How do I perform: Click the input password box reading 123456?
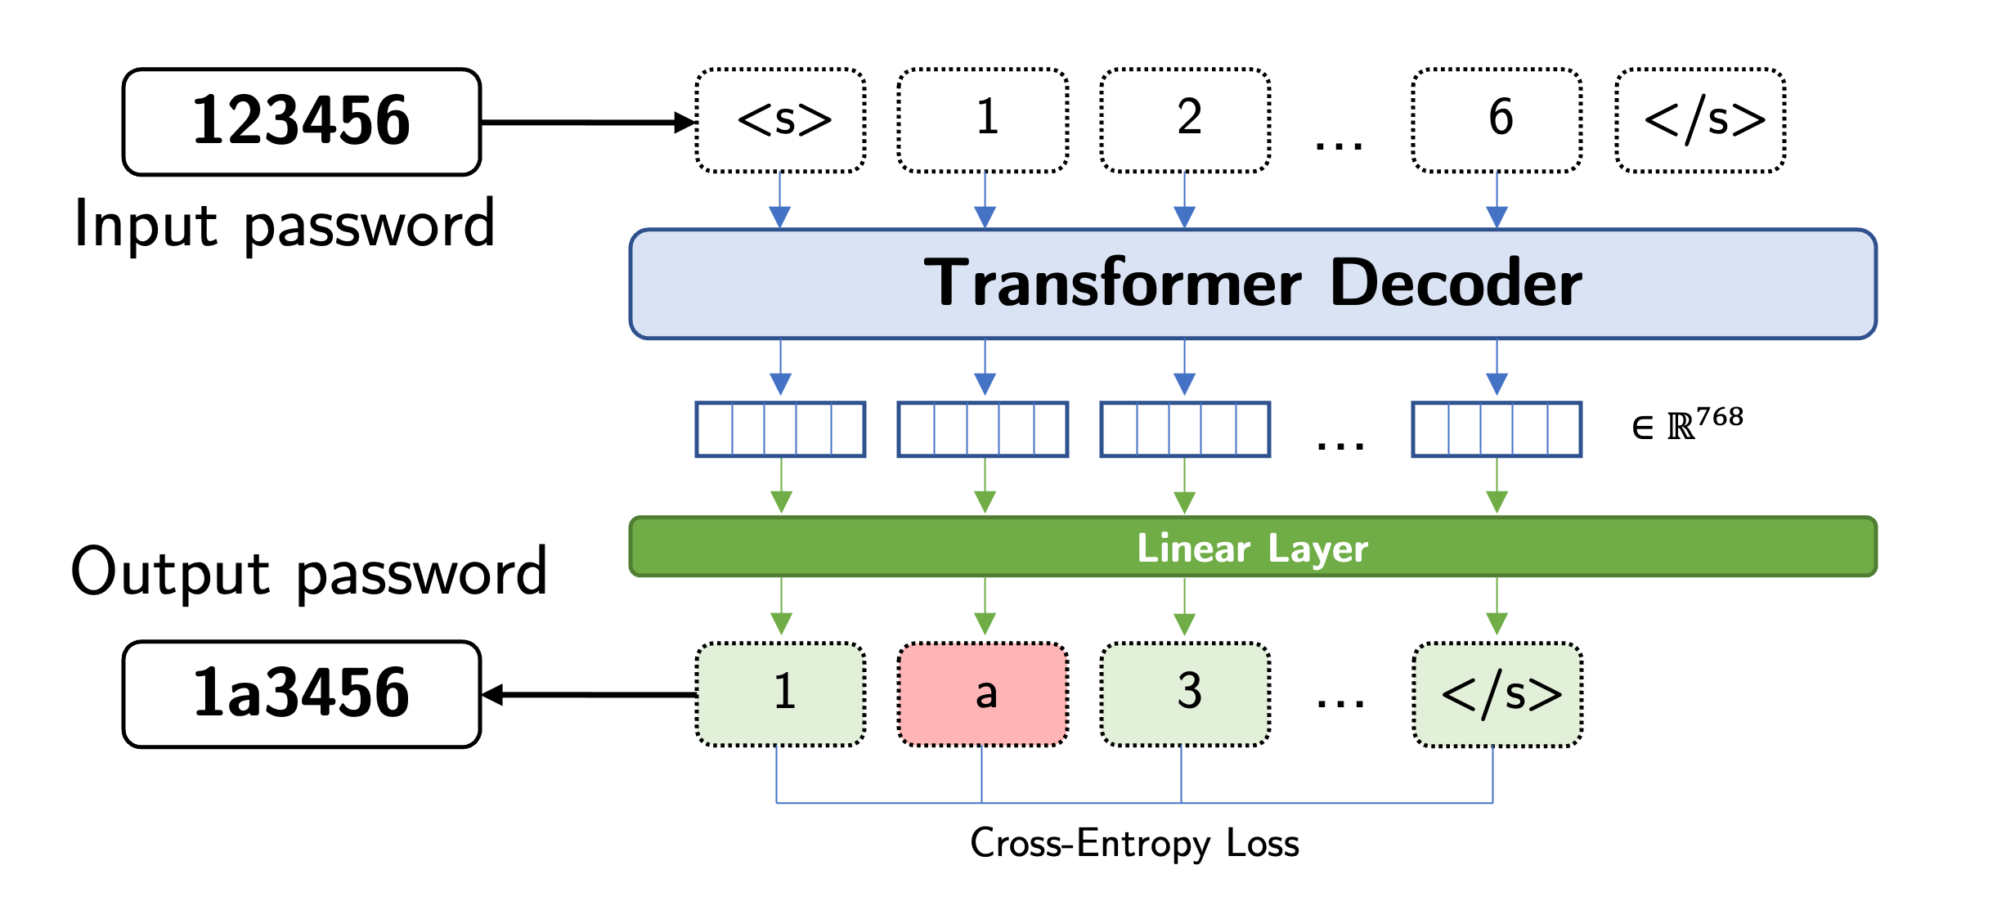pos(301,122)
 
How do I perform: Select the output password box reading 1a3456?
pos(301,694)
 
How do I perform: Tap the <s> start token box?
pos(781,120)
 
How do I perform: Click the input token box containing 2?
pos(1185,120)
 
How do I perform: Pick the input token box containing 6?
pos(1497,120)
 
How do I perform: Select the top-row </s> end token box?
pos(1700,120)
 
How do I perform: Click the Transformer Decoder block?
pos(1252,284)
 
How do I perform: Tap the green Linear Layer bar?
pos(1252,547)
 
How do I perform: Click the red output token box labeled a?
pos(983,694)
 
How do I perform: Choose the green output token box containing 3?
pos(1185,694)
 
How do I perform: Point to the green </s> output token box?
pos(1497,694)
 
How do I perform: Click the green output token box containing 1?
pos(781,694)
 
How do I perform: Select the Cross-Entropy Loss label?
pos(1134,843)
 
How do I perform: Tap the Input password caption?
pos(285,224)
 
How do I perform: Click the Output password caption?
pos(309,572)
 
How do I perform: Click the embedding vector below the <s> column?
pos(781,429)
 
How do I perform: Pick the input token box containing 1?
pos(983,120)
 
